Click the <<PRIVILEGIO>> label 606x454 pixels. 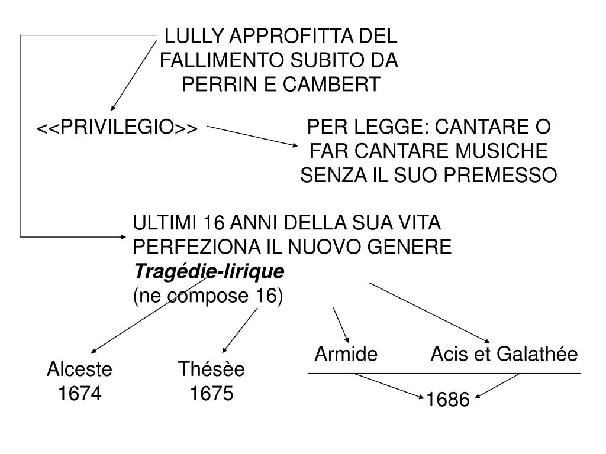click(117, 128)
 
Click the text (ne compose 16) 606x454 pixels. click(208, 296)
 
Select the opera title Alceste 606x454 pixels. click(79, 369)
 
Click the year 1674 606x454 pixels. click(80, 393)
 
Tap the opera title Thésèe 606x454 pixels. click(211, 369)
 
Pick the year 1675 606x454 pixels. click(212, 393)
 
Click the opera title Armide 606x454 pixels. click(346, 354)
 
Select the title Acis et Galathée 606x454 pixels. click(504, 354)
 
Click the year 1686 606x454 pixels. click(447, 401)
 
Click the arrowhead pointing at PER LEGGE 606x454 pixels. click(296, 145)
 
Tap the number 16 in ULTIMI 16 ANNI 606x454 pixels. click(215, 223)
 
